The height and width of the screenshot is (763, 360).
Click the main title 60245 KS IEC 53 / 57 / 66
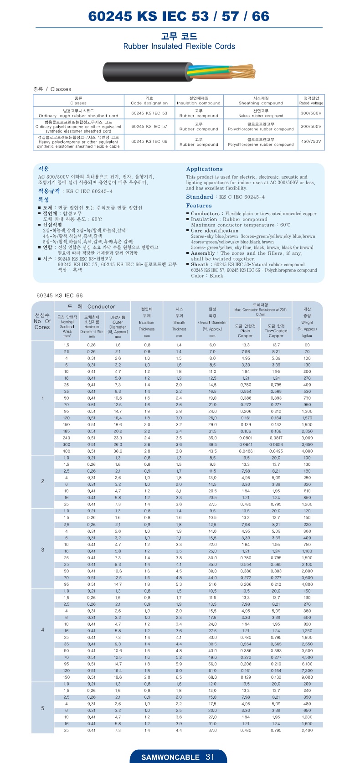click(179, 16)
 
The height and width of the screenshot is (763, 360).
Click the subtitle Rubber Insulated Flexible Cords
click(179, 46)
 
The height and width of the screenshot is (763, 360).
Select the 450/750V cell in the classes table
click(311, 141)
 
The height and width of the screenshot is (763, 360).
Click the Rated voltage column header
click(311, 101)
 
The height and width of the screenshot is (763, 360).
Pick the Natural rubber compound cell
click(261, 113)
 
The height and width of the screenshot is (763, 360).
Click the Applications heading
click(204, 169)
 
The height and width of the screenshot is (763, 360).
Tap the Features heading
click(199, 206)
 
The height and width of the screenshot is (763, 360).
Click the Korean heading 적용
click(44, 169)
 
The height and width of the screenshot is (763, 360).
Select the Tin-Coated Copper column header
click(276, 330)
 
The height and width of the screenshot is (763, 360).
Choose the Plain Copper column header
click(245, 330)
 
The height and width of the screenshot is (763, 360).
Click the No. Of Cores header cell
click(42, 321)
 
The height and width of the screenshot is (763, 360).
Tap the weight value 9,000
click(307, 677)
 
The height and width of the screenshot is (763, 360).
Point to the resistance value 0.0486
click(246, 451)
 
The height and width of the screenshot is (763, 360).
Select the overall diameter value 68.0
click(212, 677)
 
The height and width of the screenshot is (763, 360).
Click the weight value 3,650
click(307, 444)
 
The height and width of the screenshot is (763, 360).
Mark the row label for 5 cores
click(42, 708)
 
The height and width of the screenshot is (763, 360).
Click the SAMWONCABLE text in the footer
click(170, 757)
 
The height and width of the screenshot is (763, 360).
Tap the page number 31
click(210, 757)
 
